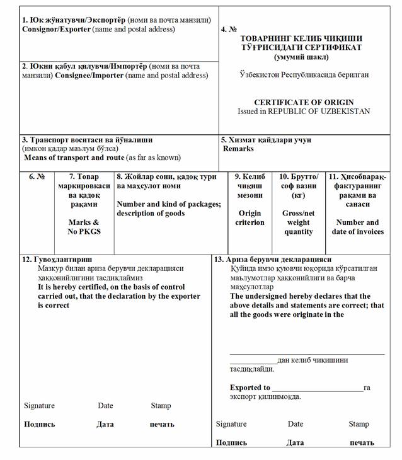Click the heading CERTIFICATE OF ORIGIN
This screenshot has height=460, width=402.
pyautogui.click(x=304, y=102)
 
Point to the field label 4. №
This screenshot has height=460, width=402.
pyautogui.click(x=229, y=30)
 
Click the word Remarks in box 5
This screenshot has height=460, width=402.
pyautogui.click(x=238, y=149)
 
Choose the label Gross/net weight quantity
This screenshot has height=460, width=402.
pyautogui.click(x=298, y=222)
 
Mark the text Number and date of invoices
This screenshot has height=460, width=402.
pyautogui.click(x=357, y=227)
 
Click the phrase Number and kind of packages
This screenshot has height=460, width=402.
pyautogui.click(x=168, y=204)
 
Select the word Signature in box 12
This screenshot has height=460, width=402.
pyautogui.click(x=39, y=406)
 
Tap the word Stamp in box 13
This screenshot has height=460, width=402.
pyautogui.click(x=359, y=424)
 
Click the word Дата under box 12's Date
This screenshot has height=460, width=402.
pyautogui.click(x=105, y=424)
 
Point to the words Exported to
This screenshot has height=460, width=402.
pyautogui.click(x=250, y=388)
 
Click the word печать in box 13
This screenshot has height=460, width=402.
pyautogui.click(x=361, y=442)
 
